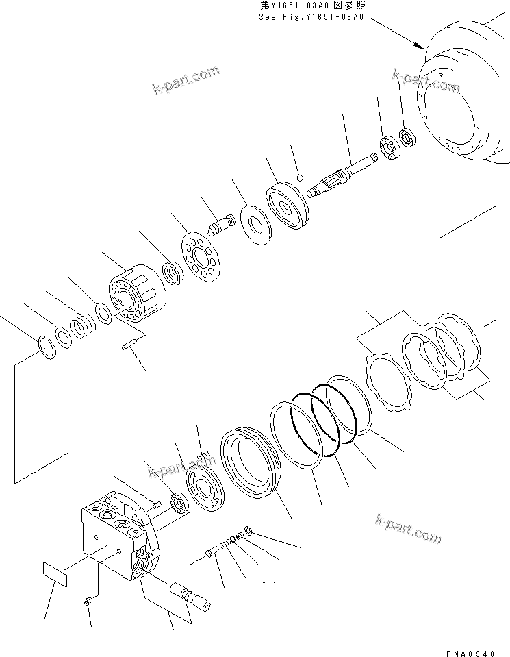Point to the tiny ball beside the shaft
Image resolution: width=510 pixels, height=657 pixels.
pos(300,179)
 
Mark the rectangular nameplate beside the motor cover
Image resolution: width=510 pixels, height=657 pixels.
pos(58,574)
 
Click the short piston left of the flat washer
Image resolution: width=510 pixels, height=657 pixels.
pos(220,225)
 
